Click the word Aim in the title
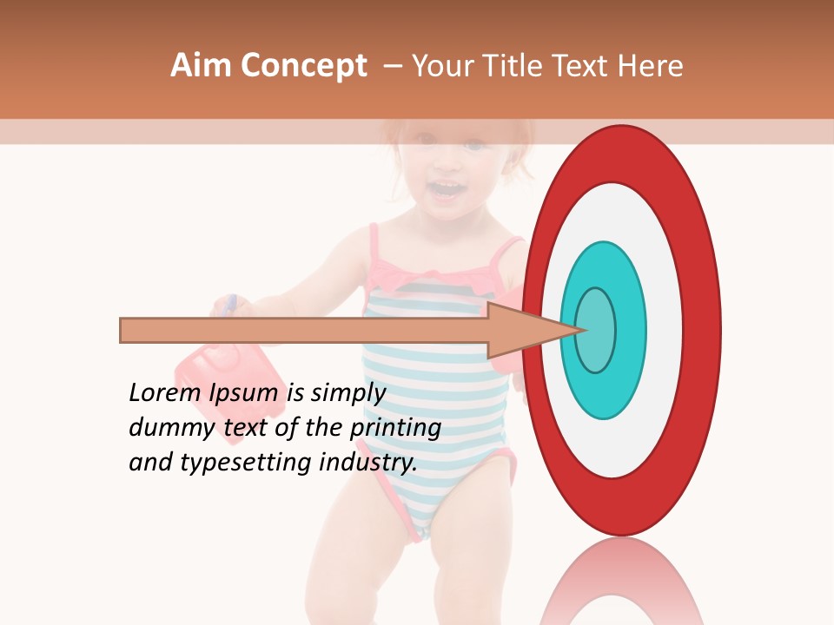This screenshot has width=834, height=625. pos(201,66)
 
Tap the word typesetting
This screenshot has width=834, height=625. pos(248,463)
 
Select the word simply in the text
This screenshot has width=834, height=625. pos(347,393)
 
